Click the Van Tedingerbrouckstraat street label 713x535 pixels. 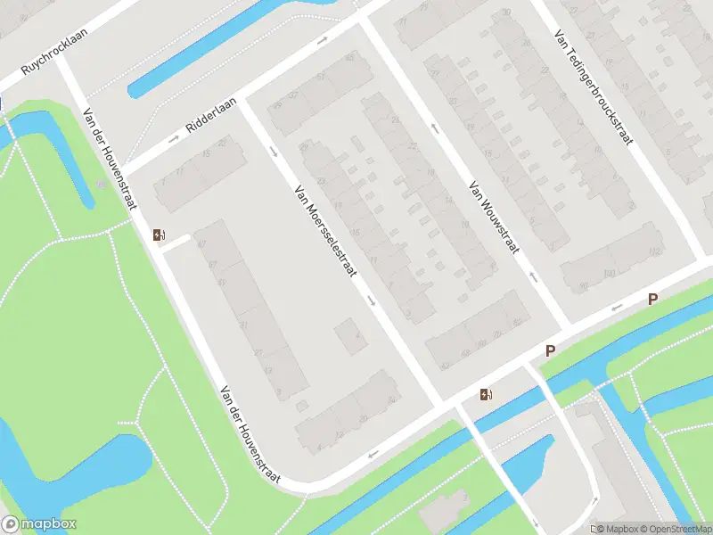(592, 89)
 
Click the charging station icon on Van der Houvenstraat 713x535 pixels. (159, 235)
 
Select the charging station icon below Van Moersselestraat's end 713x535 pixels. (486, 394)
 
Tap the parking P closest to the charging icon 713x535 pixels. (550, 351)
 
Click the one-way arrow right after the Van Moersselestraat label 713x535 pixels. (372, 300)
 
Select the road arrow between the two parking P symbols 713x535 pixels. (615, 309)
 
